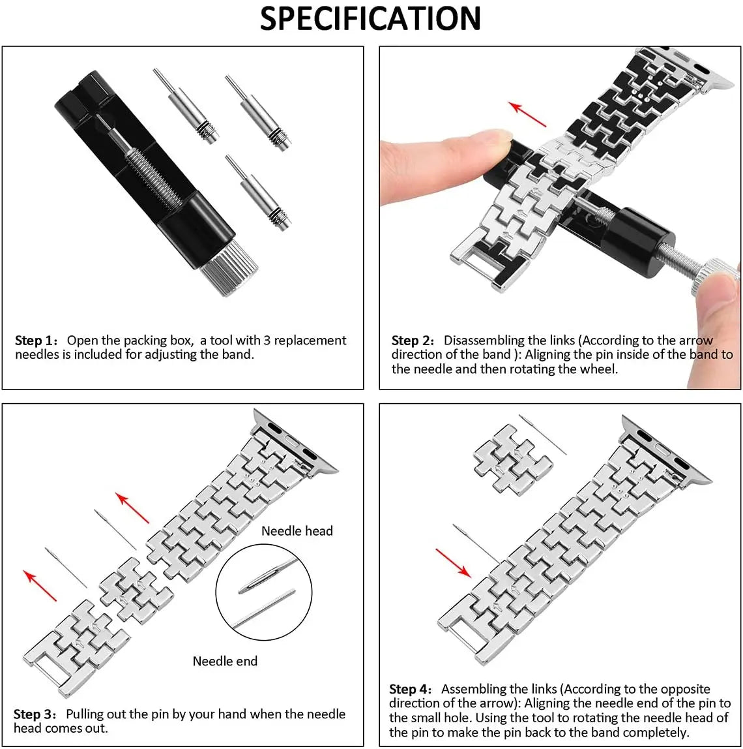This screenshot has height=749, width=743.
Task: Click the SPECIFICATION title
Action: pos(370,18)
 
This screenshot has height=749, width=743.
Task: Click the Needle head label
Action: pos(297,531)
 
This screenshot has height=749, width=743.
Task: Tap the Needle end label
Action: pos(225,661)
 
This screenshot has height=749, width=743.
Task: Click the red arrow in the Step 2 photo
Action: pos(528,114)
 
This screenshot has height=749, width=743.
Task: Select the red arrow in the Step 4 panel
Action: pos(453,562)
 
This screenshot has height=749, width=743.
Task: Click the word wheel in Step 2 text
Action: pos(600,369)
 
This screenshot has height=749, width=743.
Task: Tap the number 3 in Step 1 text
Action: pos(267,341)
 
